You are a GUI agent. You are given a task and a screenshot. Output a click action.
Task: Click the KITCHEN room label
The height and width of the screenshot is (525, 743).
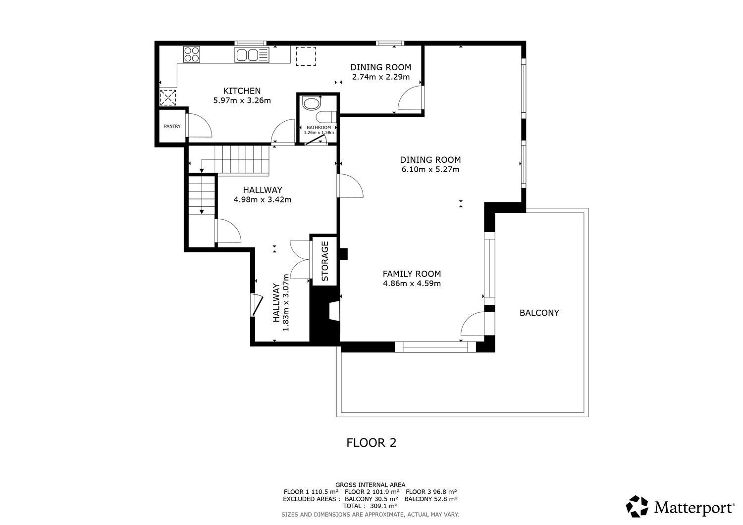[x=242, y=91]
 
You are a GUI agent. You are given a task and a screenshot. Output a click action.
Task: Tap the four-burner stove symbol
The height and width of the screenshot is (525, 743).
[x=192, y=54]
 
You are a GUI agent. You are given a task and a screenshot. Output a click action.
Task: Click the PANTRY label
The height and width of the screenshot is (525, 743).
[x=172, y=126]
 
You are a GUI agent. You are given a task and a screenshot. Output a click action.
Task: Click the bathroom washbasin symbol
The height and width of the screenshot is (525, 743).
[x=312, y=104]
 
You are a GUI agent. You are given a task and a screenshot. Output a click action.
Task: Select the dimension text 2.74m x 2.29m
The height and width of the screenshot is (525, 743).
[x=380, y=77]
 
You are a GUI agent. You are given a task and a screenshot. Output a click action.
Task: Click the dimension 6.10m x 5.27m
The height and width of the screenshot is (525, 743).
[x=430, y=170]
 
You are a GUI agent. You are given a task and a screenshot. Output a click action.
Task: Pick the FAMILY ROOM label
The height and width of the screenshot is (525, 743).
[x=412, y=274]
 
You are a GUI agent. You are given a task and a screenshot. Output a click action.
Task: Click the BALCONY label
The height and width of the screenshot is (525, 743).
[x=539, y=313]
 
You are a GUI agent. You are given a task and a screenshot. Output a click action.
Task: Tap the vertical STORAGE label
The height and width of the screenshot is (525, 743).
[x=325, y=261]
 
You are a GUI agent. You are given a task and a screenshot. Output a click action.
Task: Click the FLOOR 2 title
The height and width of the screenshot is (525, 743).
[x=371, y=442]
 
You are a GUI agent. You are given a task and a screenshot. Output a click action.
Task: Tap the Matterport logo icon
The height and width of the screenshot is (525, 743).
[x=637, y=507]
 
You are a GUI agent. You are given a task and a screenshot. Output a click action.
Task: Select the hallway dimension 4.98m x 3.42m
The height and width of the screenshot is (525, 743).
[x=262, y=200]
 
